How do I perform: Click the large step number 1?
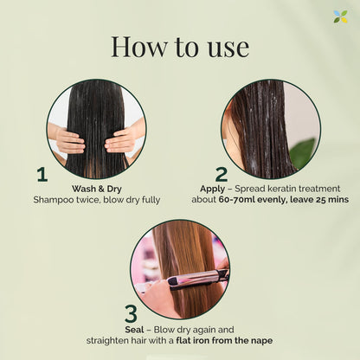42,174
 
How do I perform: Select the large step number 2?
222,174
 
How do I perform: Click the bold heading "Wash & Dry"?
94,186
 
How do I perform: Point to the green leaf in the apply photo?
303,152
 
